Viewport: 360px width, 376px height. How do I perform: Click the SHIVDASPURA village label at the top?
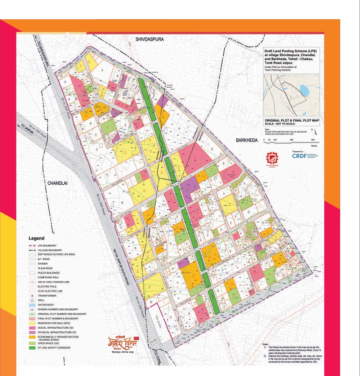pos(150,39)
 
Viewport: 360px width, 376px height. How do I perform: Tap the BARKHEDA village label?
pos(247,140)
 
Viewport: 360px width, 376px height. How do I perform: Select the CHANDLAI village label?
pos(57,183)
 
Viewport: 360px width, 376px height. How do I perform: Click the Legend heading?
pos(36,238)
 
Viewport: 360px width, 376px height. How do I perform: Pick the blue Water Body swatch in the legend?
pos(32,305)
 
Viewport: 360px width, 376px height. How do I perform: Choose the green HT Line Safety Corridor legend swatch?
pos(32,348)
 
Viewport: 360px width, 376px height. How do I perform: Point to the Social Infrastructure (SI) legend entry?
pos(55,328)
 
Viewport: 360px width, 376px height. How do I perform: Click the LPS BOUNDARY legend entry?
pos(47,246)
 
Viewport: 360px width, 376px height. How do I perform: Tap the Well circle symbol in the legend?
pos(32,300)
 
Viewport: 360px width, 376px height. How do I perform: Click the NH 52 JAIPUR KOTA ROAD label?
pos(121,266)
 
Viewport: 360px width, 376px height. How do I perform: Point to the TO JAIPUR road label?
pos(27,129)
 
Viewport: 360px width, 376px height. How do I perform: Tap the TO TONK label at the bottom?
pos(158,356)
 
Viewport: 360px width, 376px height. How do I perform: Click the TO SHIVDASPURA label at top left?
pos(43,54)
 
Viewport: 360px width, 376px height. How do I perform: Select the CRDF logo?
pos(299,156)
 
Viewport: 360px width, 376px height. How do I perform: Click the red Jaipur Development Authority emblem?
pos(272,158)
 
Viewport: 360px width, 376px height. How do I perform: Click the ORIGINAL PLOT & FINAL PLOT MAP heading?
pos(291,120)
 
